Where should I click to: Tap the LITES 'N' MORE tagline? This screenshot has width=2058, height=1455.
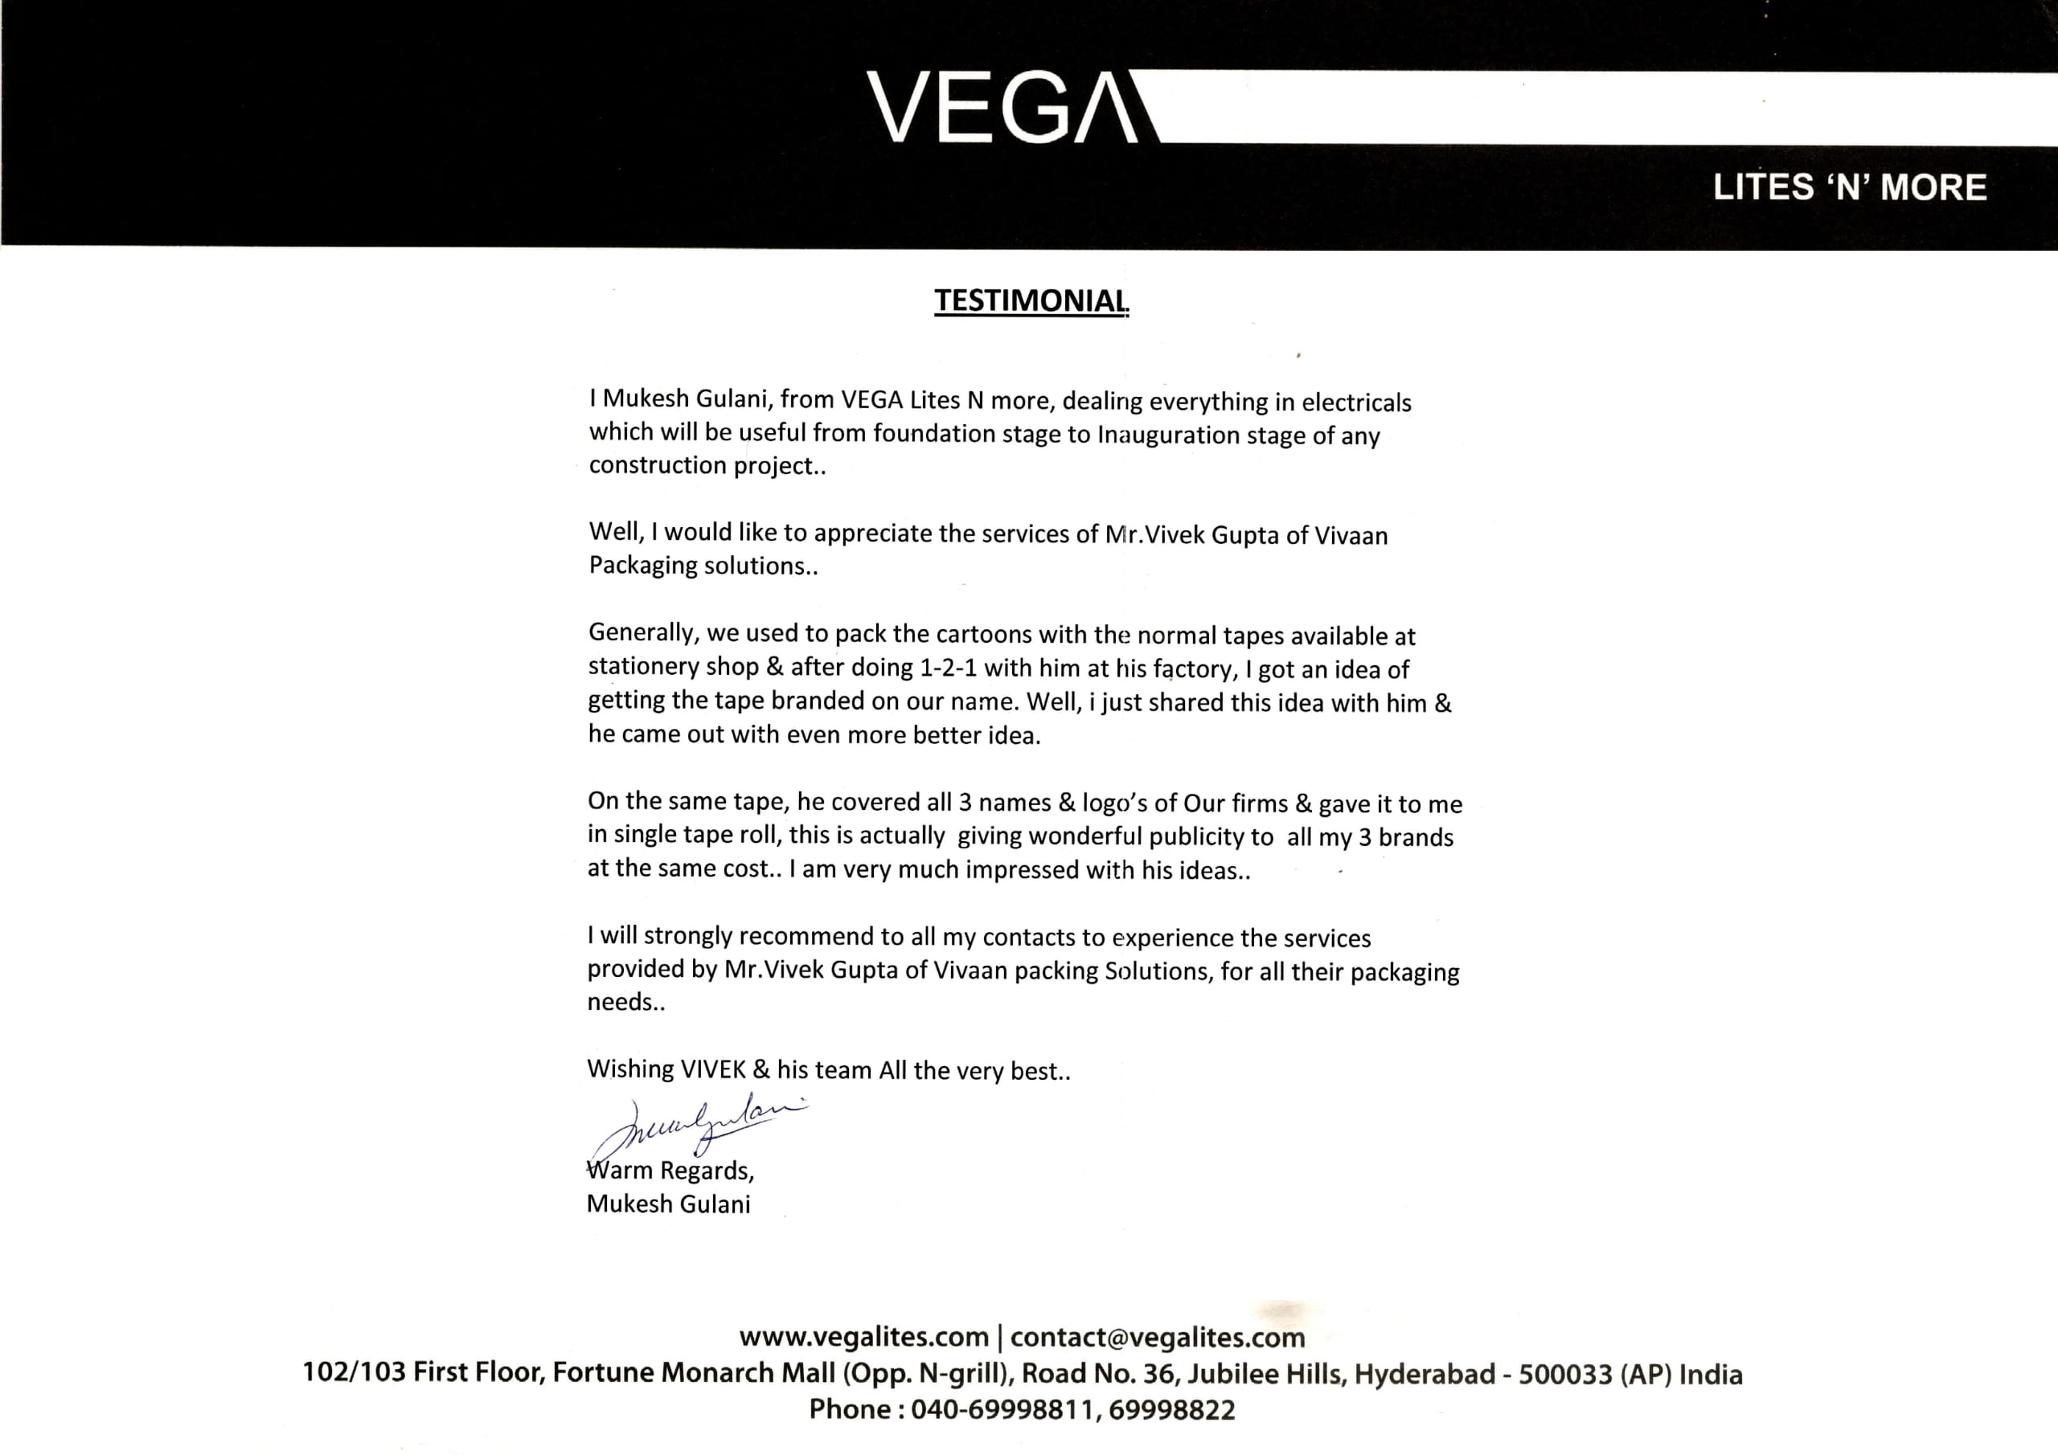1849,187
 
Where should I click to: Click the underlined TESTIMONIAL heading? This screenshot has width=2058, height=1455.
1031,301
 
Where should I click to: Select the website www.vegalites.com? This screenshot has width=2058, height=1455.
863,1338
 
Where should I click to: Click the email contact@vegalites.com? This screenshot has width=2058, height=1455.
1157,1338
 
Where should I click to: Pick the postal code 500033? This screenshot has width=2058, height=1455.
1564,1375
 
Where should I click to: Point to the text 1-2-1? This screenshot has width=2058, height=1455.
936,668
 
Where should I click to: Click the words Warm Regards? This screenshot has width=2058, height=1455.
670,1171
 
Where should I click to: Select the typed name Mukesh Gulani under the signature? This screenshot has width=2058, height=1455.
668,1204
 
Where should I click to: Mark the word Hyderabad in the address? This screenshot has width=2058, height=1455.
1424,1375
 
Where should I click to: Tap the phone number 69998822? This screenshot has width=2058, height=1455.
1171,1409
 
